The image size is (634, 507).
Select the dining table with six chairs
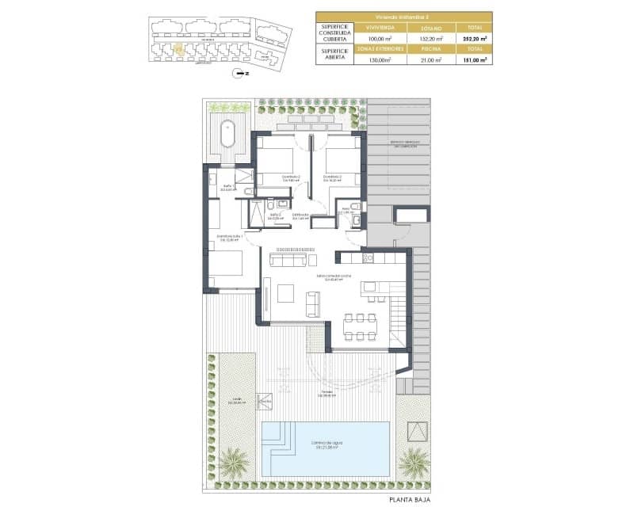click(x=361, y=326)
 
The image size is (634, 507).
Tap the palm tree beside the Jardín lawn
click(x=234, y=462)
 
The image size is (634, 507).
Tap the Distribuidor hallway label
click(x=300, y=215)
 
